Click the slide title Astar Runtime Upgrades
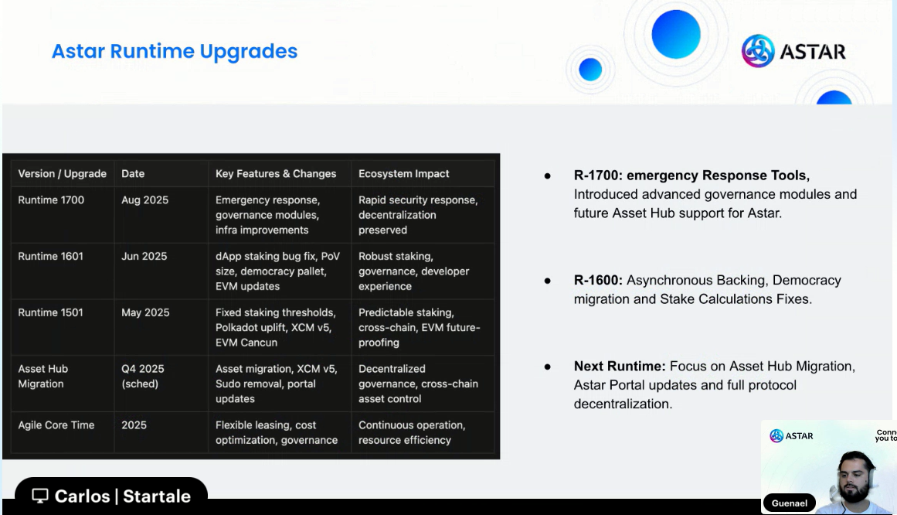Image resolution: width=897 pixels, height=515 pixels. click(175, 52)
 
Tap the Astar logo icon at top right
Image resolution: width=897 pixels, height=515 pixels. click(757, 51)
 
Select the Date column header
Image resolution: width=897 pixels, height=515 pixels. click(133, 173)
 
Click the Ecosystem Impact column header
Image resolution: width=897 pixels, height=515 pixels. click(404, 173)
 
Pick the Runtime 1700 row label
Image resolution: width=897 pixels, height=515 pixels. click(51, 200)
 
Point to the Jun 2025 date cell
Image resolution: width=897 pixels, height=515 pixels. click(144, 256)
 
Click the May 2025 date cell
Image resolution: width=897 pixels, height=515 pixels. click(145, 312)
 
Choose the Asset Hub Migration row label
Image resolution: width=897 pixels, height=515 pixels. click(43, 377)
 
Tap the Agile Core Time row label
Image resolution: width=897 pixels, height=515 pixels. click(56, 425)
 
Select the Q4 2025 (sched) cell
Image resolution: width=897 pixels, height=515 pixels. click(142, 377)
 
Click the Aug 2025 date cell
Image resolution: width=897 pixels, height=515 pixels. click(144, 200)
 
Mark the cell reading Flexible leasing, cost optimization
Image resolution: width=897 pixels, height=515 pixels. click(277, 432)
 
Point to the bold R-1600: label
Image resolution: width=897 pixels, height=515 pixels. click(598, 280)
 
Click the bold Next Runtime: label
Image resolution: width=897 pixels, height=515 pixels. click(620, 366)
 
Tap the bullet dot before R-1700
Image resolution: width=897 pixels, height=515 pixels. click(548, 176)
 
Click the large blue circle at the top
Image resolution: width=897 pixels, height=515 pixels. click(676, 34)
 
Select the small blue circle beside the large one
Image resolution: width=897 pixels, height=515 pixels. click(590, 70)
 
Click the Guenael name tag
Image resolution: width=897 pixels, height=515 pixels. click(790, 503)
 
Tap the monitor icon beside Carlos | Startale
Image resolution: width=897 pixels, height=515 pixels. click(40, 496)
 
